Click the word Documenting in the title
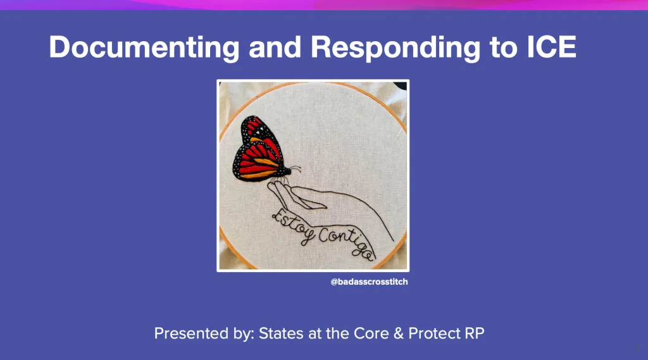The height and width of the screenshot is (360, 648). pyautogui.click(x=144, y=47)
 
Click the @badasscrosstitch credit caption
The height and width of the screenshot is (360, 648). pyautogui.click(x=369, y=282)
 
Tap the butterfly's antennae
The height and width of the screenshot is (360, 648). pyautogui.click(x=294, y=168)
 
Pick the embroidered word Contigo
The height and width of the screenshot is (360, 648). pyautogui.click(x=345, y=242)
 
